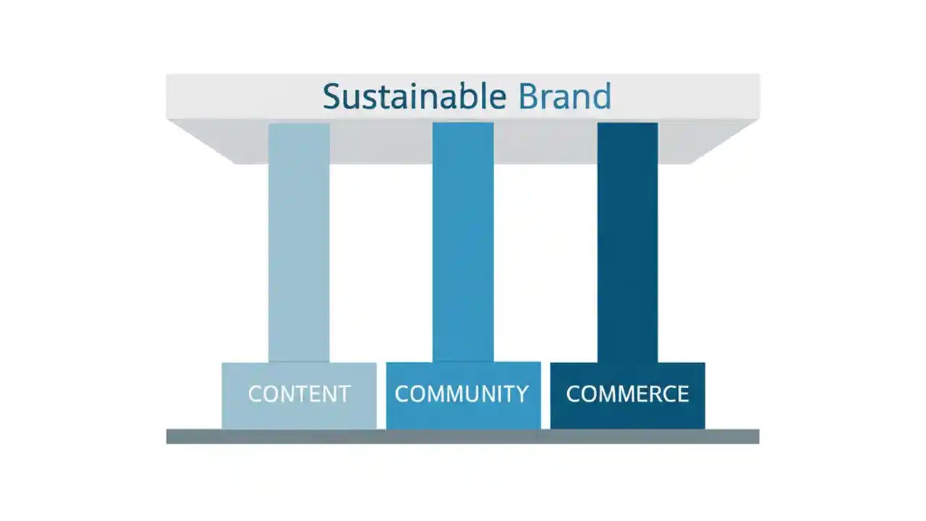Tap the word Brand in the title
pyautogui.click(x=565, y=97)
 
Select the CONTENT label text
pyautogui.click(x=299, y=394)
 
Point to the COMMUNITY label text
pyautogui.click(x=462, y=394)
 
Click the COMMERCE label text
pyautogui.click(x=627, y=394)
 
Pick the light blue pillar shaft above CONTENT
pyautogui.click(x=299, y=246)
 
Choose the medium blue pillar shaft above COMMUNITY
pyautogui.click(x=463, y=246)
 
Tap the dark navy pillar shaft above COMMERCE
pyautogui.click(x=627, y=246)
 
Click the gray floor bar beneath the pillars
pyautogui.click(x=463, y=436)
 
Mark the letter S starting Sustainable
pyautogui.click(x=331, y=97)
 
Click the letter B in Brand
pyautogui.click(x=530, y=97)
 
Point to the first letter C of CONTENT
pyautogui.click(x=255, y=394)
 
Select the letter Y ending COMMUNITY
pyautogui.click(x=522, y=394)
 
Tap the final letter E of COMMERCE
pyautogui.click(x=682, y=394)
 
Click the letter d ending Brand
pyautogui.click(x=601, y=97)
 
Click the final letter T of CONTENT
pyautogui.click(x=343, y=394)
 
